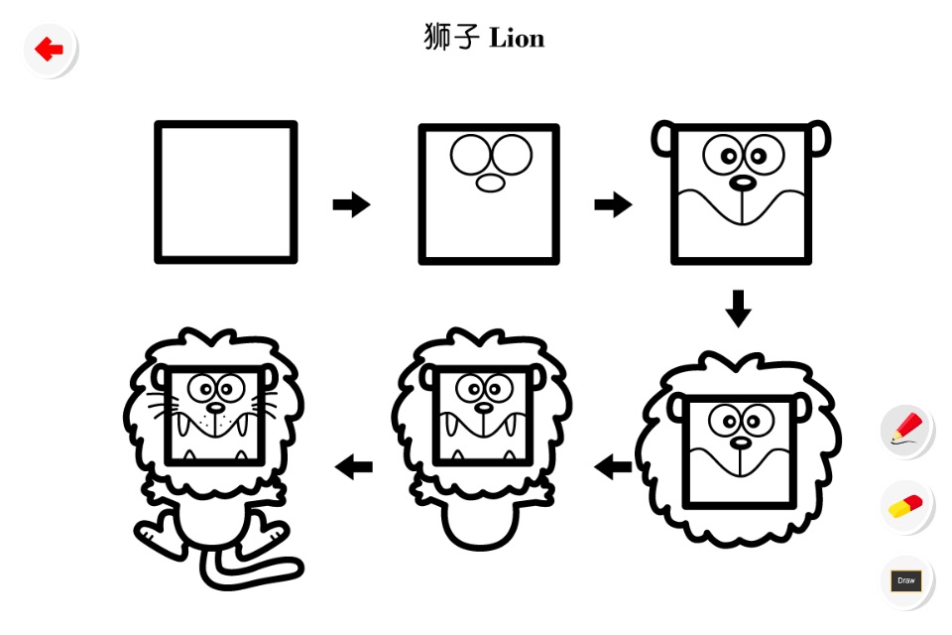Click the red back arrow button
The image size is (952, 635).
50,50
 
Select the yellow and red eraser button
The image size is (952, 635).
907,507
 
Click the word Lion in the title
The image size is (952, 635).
517,39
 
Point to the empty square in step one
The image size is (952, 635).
226,192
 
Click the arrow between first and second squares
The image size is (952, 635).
351,204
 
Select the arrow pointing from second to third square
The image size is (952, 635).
613,204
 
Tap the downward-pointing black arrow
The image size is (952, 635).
738,309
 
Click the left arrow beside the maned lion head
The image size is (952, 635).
613,467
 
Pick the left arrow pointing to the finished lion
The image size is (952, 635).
353,466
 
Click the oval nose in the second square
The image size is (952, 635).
491,183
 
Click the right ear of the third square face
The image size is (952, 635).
820,139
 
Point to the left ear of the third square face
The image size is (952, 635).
663,139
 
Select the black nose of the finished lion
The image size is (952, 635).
215,407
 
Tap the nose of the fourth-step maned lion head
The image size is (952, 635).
740,443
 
